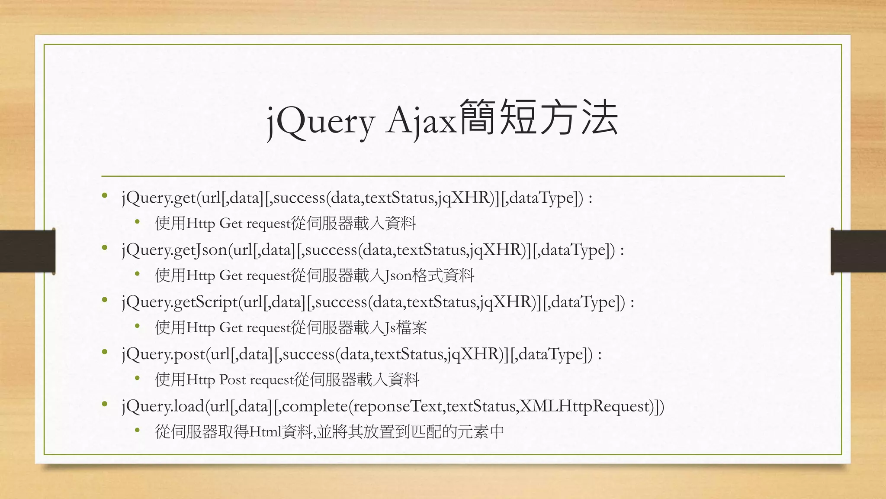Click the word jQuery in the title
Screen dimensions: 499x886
[x=320, y=122]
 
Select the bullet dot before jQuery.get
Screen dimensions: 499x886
[x=105, y=196]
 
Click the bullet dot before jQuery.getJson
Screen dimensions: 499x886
[x=105, y=248]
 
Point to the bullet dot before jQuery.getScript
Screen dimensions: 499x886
[x=105, y=300]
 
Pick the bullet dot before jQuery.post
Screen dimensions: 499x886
[x=105, y=353]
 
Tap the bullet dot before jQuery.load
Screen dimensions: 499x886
[x=105, y=405]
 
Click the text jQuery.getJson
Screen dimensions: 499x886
[x=174, y=250]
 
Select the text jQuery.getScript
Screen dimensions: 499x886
[x=180, y=302]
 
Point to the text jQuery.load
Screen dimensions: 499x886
[x=163, y=406]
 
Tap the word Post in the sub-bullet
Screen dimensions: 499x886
[x=232, y=380]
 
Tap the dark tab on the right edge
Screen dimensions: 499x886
[x=858, y=251]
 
